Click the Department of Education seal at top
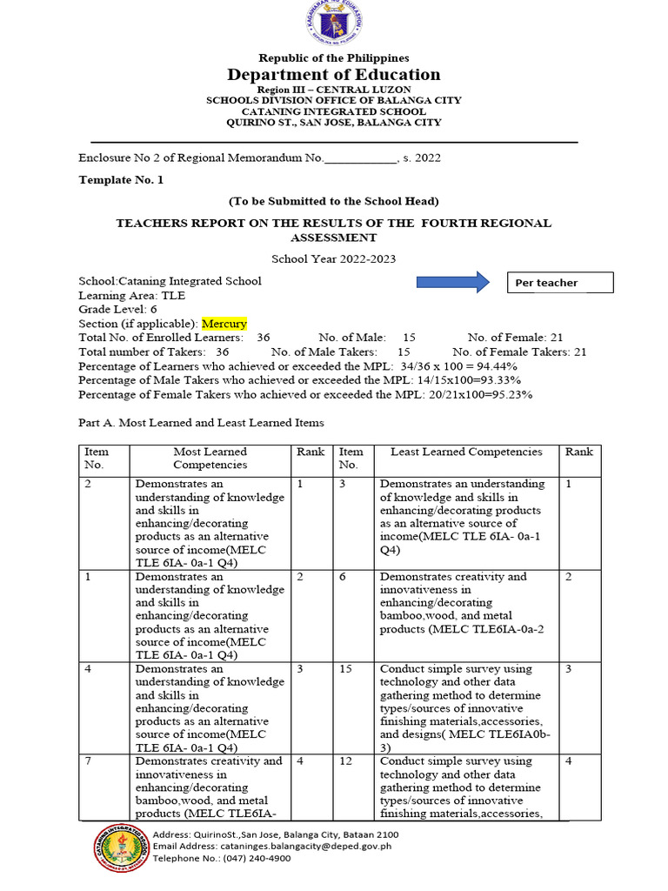point(333,23)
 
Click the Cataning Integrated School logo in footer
point(121,847)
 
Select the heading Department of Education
point(334,75)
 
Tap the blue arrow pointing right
point(453,282)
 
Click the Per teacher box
point(560,283)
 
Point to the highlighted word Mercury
point(224,323)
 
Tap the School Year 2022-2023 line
point(333,258)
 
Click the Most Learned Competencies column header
point(210,458)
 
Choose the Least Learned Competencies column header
point(466,452)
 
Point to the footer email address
point(271,846)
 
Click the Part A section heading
point(201,423)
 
